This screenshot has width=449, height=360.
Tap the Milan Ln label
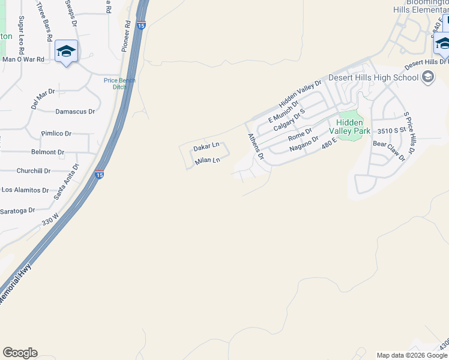point(207,161)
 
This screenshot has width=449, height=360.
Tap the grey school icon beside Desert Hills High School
point(428,77)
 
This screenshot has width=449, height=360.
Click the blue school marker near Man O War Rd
point(66,52)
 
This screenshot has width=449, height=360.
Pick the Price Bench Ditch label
point(119,83)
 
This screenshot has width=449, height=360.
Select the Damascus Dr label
point(75,112)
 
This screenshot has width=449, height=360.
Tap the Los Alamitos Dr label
point(25,190)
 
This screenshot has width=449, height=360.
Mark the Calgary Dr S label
point(289,119)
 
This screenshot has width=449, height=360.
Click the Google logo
point(20,353)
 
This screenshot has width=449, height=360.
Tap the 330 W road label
point(50,218)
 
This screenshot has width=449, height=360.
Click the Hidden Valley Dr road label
point(300,92)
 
